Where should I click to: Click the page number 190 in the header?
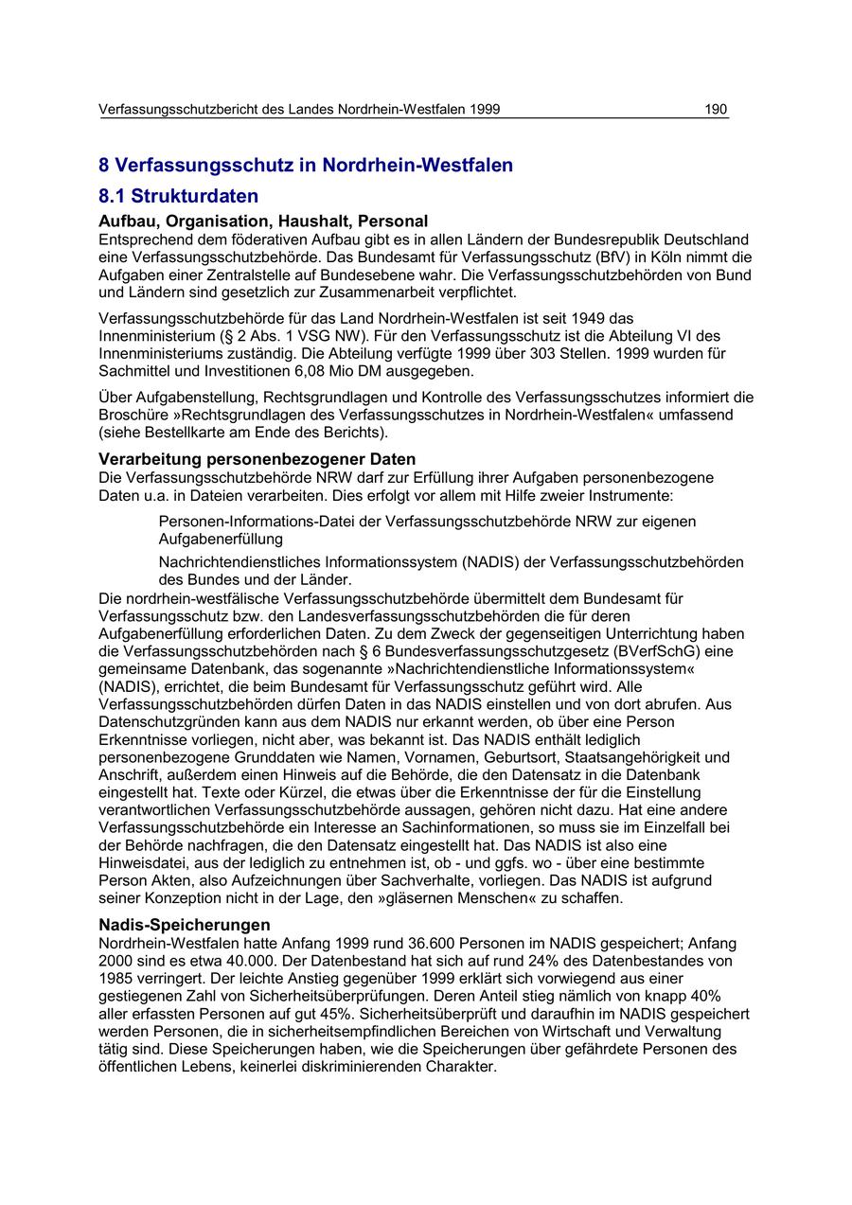[x=716, y=110]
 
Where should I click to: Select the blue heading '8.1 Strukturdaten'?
[x=178, y=197]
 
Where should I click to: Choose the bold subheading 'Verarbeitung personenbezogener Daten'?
[x=257, y=459]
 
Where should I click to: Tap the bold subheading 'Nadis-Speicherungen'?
[x=185, y=925]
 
